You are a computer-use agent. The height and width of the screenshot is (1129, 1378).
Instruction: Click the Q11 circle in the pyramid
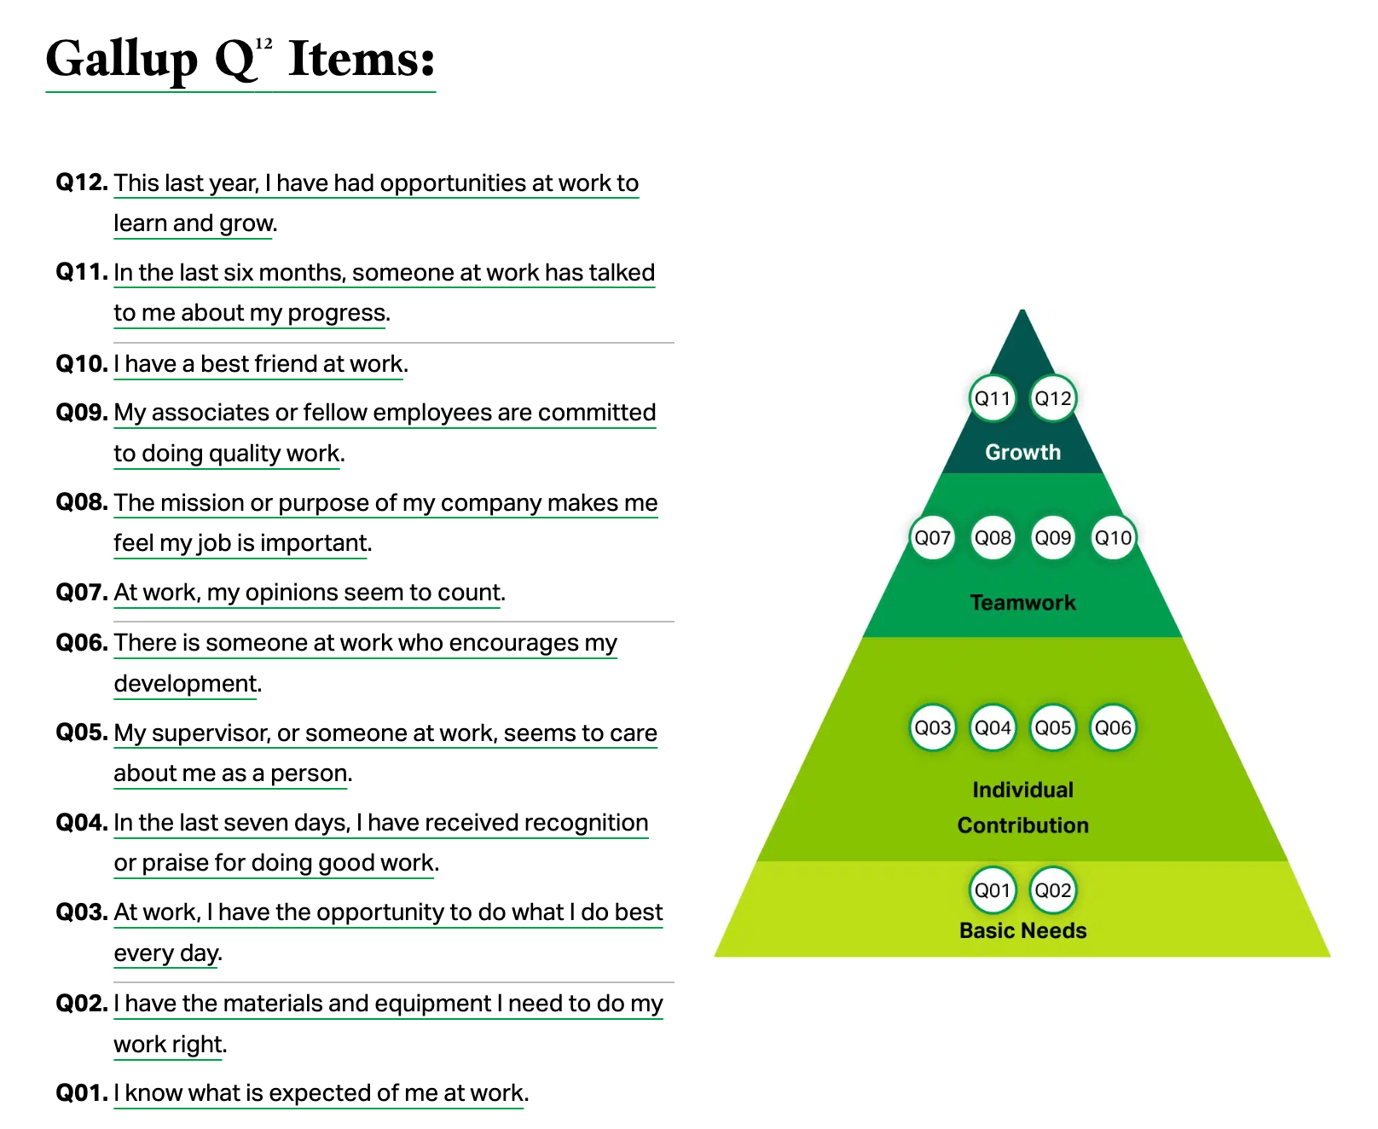[993, 398]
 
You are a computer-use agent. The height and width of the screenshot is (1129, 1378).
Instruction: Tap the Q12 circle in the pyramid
[1053, 398]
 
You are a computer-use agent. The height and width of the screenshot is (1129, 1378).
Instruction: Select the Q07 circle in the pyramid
[933, 538]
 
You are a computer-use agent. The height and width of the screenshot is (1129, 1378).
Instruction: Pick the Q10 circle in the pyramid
[1113, 538]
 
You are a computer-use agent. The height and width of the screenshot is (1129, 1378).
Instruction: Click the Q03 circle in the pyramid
[933, 728]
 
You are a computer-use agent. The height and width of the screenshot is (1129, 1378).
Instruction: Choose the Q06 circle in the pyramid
[1113, 728]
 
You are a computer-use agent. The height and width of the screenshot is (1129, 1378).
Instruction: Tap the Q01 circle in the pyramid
[993, 890]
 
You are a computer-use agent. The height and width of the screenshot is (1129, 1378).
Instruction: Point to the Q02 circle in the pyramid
[1053, 890]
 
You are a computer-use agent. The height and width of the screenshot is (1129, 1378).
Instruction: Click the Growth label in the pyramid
[1022, 452]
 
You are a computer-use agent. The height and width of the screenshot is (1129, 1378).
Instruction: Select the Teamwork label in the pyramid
[1022, 603]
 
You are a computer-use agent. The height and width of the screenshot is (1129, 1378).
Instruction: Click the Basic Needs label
[1022, 930]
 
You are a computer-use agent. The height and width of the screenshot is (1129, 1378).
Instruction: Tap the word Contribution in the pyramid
[1022, 825]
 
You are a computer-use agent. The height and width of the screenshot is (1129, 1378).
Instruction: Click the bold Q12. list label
[82, 182]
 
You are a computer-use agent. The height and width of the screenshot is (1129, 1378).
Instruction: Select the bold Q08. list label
[82, 502]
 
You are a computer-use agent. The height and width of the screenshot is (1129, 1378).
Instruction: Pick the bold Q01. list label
[82, 1092]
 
